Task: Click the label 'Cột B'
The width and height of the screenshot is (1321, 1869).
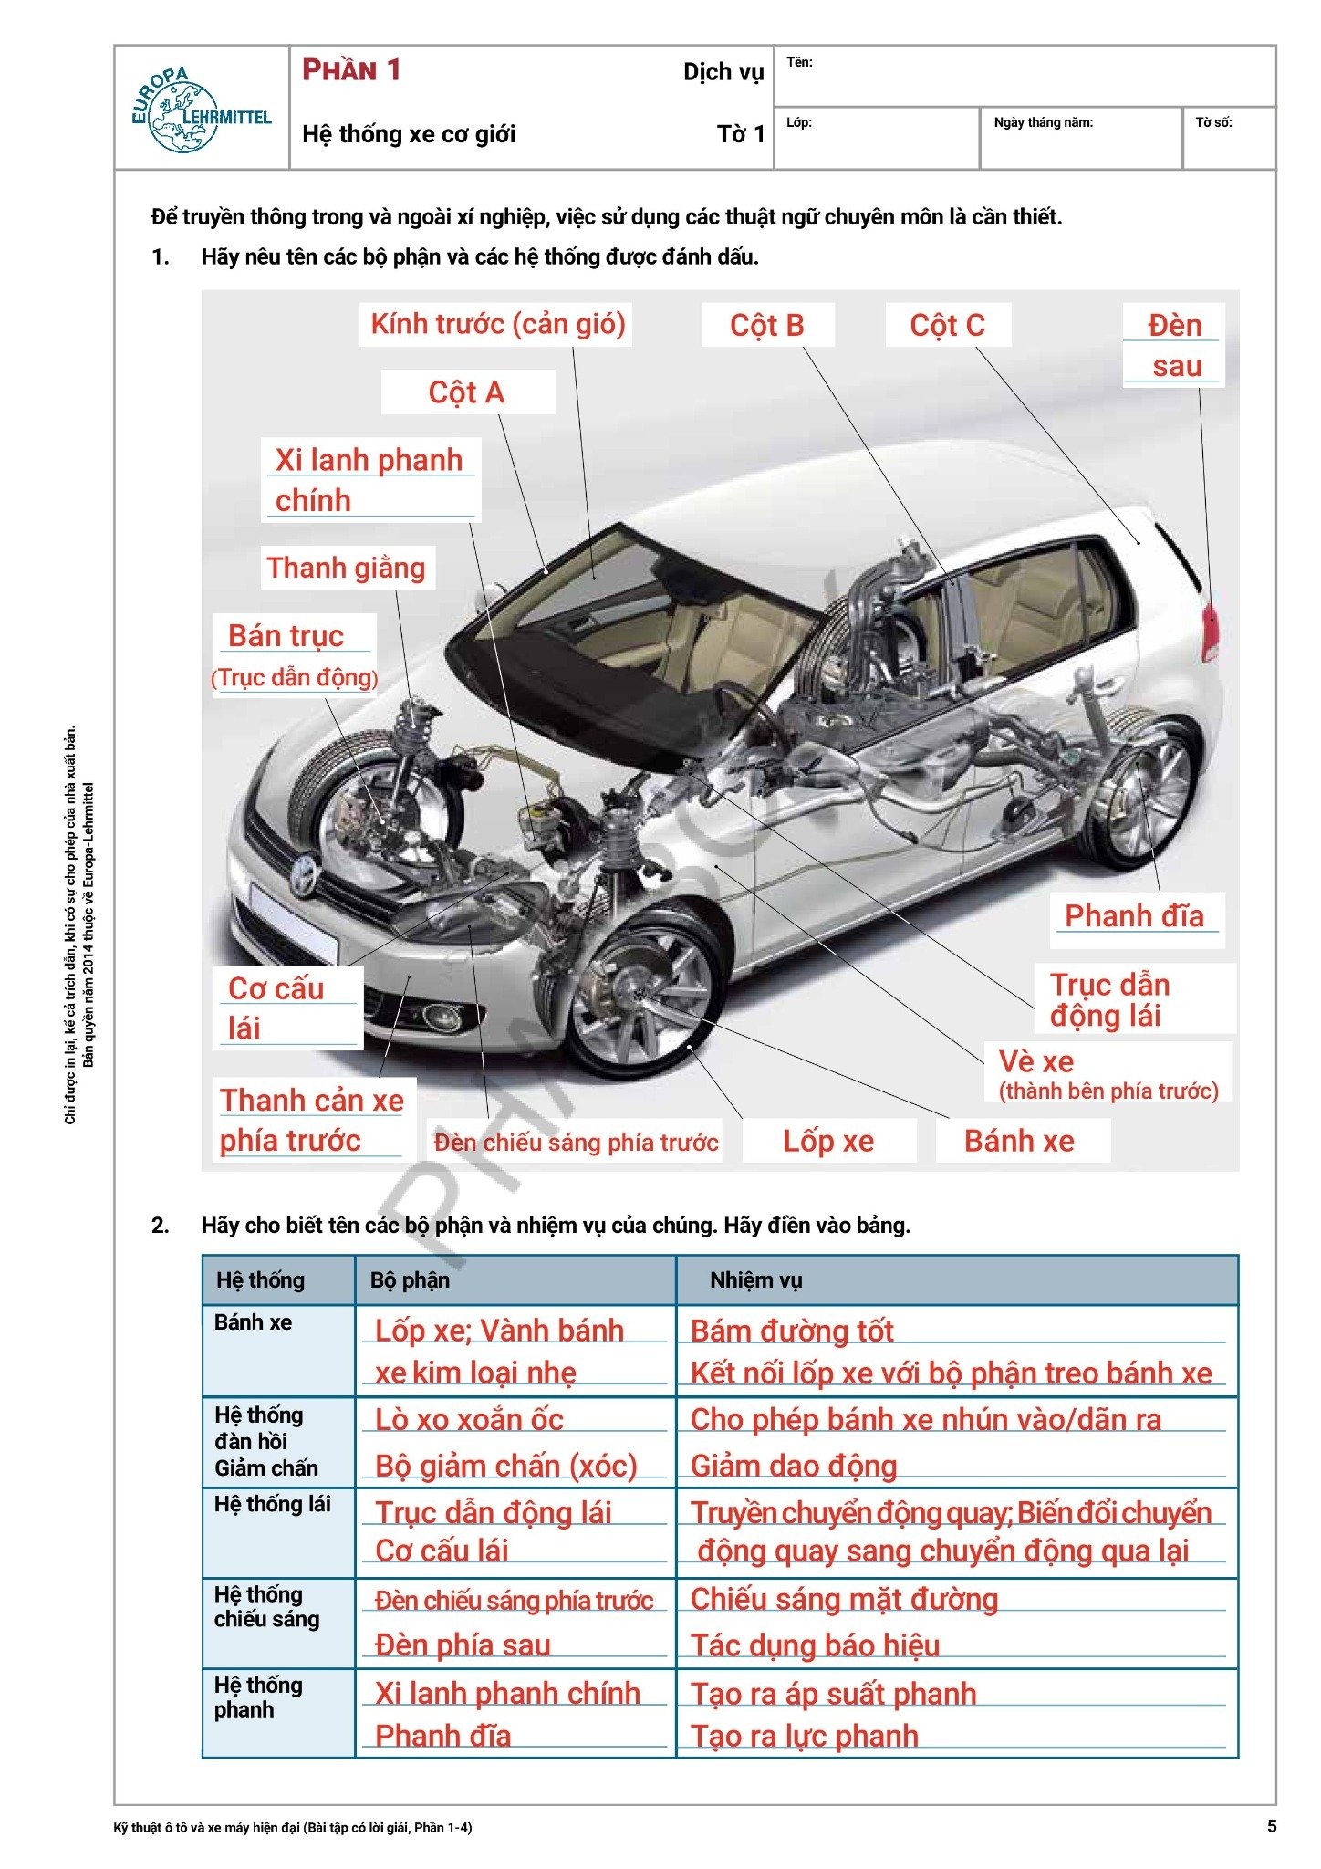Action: [767, 326]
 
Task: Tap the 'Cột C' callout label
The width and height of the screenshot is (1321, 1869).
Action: [947, 326]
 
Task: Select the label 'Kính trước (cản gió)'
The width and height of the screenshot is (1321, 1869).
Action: [497, 324]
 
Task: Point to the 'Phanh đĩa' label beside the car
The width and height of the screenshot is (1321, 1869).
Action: [1134, 915]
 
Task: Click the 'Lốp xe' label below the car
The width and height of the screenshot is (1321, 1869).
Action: [828, 1141]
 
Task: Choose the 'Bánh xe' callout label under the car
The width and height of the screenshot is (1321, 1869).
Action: [1019, 1141]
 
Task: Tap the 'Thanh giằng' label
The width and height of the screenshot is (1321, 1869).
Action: [346, 568]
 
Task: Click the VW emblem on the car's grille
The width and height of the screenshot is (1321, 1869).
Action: [303, 875]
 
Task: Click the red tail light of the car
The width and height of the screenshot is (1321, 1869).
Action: [1211, 630]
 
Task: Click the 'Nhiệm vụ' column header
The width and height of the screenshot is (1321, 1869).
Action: [755, 1280]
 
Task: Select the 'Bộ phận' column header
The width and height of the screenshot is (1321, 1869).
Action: [410, 1280]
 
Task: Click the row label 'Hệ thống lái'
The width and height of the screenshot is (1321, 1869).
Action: [272, 1504]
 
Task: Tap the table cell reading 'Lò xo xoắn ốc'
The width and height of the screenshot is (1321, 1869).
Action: [470, 1420]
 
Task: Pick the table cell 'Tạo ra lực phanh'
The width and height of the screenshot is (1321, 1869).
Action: [804, 1736]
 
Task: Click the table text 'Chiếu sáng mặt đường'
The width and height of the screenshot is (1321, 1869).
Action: [844, 1599]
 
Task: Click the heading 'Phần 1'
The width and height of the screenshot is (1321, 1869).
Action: [352, 70]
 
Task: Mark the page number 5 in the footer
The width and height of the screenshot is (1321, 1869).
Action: [1272, 1826]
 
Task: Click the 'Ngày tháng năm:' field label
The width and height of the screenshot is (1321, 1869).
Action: [1043, 122]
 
